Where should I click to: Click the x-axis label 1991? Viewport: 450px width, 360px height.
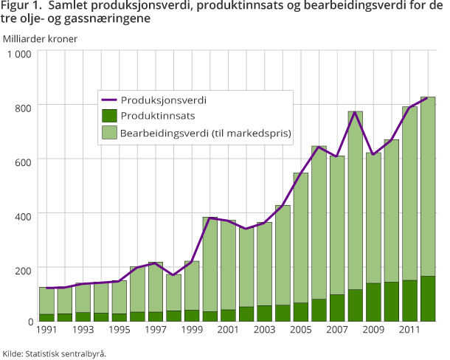pos(46,328)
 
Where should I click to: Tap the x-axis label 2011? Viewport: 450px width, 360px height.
pos(409,328)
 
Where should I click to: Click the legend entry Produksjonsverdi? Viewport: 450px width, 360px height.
pos(163,99)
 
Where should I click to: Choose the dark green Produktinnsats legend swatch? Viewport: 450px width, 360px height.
pos(109,115)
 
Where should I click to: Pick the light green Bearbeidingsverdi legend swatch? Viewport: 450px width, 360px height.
pos(109,133)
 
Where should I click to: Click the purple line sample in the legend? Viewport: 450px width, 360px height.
pos(109,99)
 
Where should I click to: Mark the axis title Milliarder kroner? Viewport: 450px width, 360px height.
pos(40,38)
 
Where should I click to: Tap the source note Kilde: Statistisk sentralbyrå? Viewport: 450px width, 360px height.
pos(55,353)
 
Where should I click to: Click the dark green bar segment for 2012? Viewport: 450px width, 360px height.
pos(428,299)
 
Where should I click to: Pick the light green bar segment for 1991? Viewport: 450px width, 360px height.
pos(46,300)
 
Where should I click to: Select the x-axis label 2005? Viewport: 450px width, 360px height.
pos(301,328)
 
